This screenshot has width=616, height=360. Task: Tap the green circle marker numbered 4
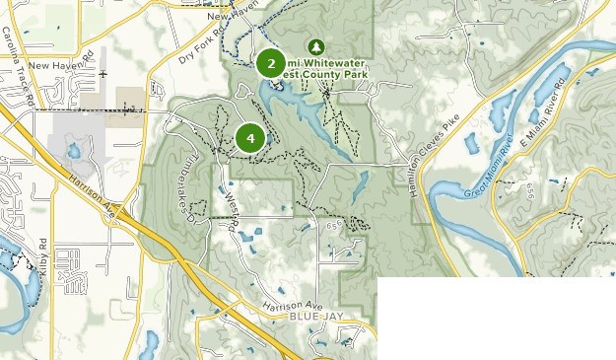coord(251,139)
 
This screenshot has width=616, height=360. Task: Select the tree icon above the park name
coord(316,46)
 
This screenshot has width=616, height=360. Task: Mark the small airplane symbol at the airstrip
coord(103,73)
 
